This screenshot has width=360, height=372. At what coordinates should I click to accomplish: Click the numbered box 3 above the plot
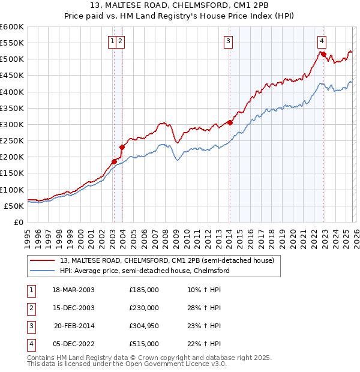[x=229, y=41]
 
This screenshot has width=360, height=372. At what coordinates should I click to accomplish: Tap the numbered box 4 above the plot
[x=322, y=41]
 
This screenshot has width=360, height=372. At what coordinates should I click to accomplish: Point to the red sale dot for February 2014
[x=230, y=123]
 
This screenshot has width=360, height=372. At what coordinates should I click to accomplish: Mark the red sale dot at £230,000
[x=122, y=147]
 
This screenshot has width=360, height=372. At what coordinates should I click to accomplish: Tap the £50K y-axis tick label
[x=14, y=206]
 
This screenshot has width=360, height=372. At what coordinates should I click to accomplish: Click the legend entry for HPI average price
[x=145, y=271]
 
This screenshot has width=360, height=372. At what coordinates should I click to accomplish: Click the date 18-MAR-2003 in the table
[x=73, y=289]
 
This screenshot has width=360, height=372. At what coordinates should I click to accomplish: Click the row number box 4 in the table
[x=29, y=344]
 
